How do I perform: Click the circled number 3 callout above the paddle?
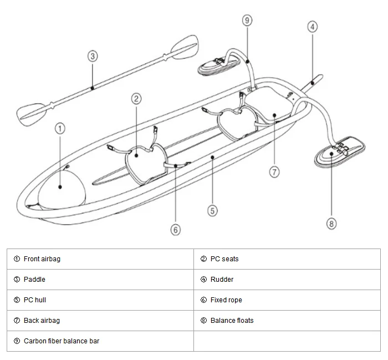pyautogui.click(x=93, y=56)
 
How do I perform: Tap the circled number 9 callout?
pyautogui.click(x=247, y=21)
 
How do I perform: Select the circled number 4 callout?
pyautogui.click(x=312, y=27)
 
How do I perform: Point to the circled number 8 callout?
pyautogui.click(x=331, y=224)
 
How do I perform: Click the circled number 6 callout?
pyautogui.click(x=176, y=230)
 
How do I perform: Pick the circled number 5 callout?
pyautogui.click(x=212, y=211)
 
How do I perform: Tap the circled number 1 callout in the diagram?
pyautogui.click(x=60, y=129)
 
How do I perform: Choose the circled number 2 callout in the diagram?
pyautogui.click(x=136, y=99)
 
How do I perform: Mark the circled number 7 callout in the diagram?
pyautogui.click(x=274, y=172)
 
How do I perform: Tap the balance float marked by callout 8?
pyautogui.click(x=339, y=151)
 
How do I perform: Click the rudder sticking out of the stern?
pyautogui.click(x=312, y=83)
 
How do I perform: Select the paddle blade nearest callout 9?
pyautogui.click(x=185, y=47)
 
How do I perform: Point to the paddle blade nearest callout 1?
pyautogui.click(x=32, y=115)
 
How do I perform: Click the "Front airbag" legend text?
pyautogui.click(x=42, y=259)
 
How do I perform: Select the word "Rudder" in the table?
pyautogui.click(x=222, y=280)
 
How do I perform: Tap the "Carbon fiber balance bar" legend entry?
pyautogui.click(x=62, y=341)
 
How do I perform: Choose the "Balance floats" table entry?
pyautogui.click(x=232, y=321)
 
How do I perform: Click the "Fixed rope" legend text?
pyautogui.click(x=226, y=300)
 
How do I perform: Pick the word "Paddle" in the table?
pyautogui.click(x=34, y=280)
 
